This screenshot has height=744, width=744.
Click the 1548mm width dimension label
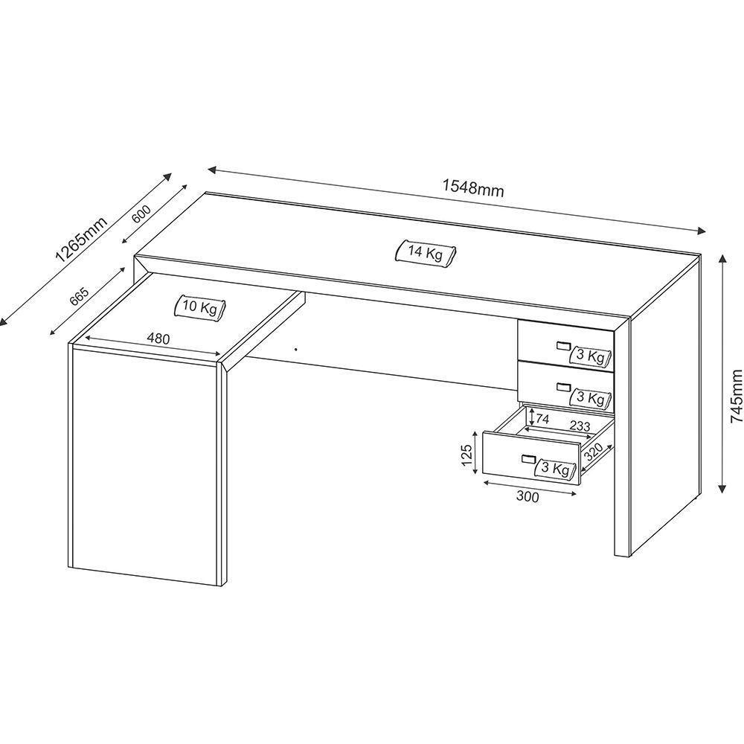pos(473,188)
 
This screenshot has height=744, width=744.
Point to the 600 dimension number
pos(141,214)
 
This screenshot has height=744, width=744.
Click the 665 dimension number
pos(79,295)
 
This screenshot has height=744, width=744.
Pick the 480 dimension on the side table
pos(158,339)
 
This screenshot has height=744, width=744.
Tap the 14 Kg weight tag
pos(425,253)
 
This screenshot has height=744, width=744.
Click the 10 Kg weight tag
pos(200,307)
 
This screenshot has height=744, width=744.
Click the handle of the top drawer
pos(562,344)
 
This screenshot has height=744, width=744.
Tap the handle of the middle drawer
pos(562,387)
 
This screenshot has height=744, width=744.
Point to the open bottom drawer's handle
pos(528,458)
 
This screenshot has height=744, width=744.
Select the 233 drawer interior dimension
pos(580,427)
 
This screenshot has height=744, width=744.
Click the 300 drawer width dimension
pos(527,498)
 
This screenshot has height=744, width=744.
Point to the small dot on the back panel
pos(295,347)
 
